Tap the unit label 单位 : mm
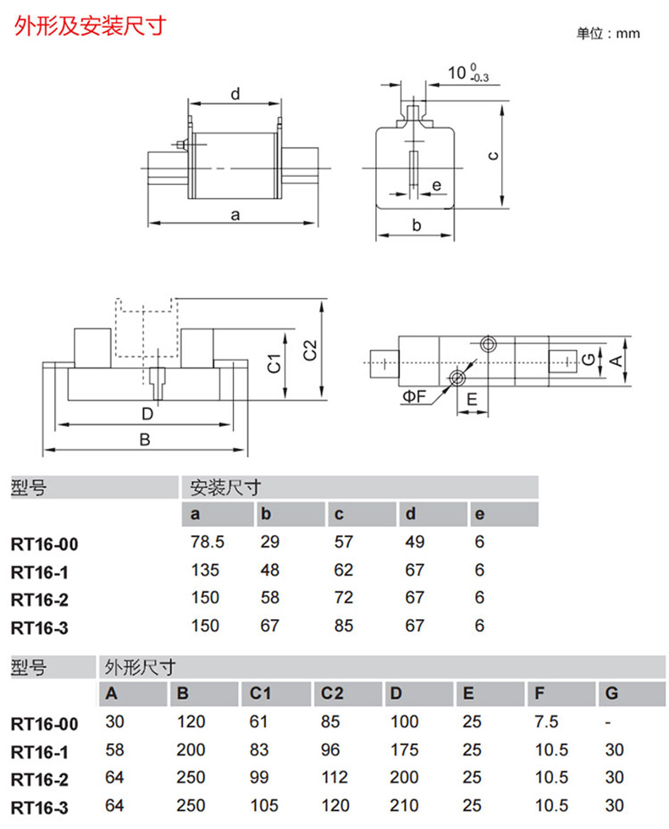click(x=608, y=34)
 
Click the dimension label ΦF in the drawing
click(x=414, y=395)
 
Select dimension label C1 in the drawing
click(x=274, y=362)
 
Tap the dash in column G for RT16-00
click(x=609, y=722)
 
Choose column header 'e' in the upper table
click(x=480, y=515)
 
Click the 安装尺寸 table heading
click(x=224, y=488)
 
